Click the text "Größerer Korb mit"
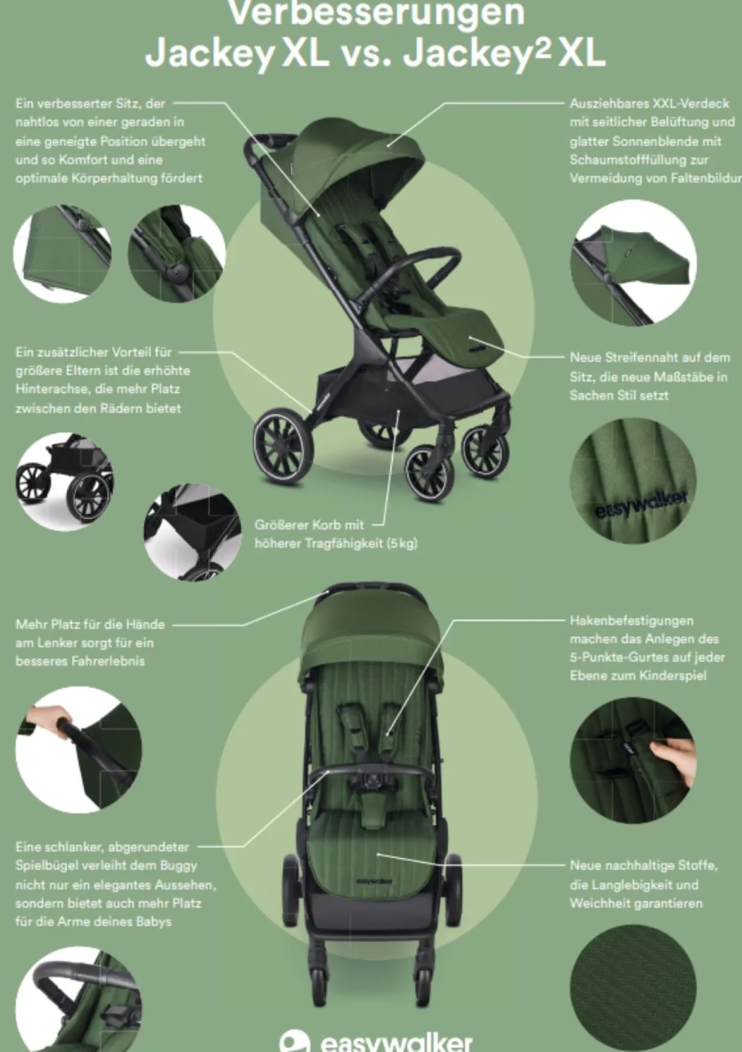pos(309,525)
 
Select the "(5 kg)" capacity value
pos(402,543)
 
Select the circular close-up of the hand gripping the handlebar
pos(78,752)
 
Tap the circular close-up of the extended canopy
pos(633,262)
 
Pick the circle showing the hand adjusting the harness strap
pos(633,760)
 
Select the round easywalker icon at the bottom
pos(294,1040)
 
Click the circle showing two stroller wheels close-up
pos(65,477)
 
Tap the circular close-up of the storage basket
pos(192,532)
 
